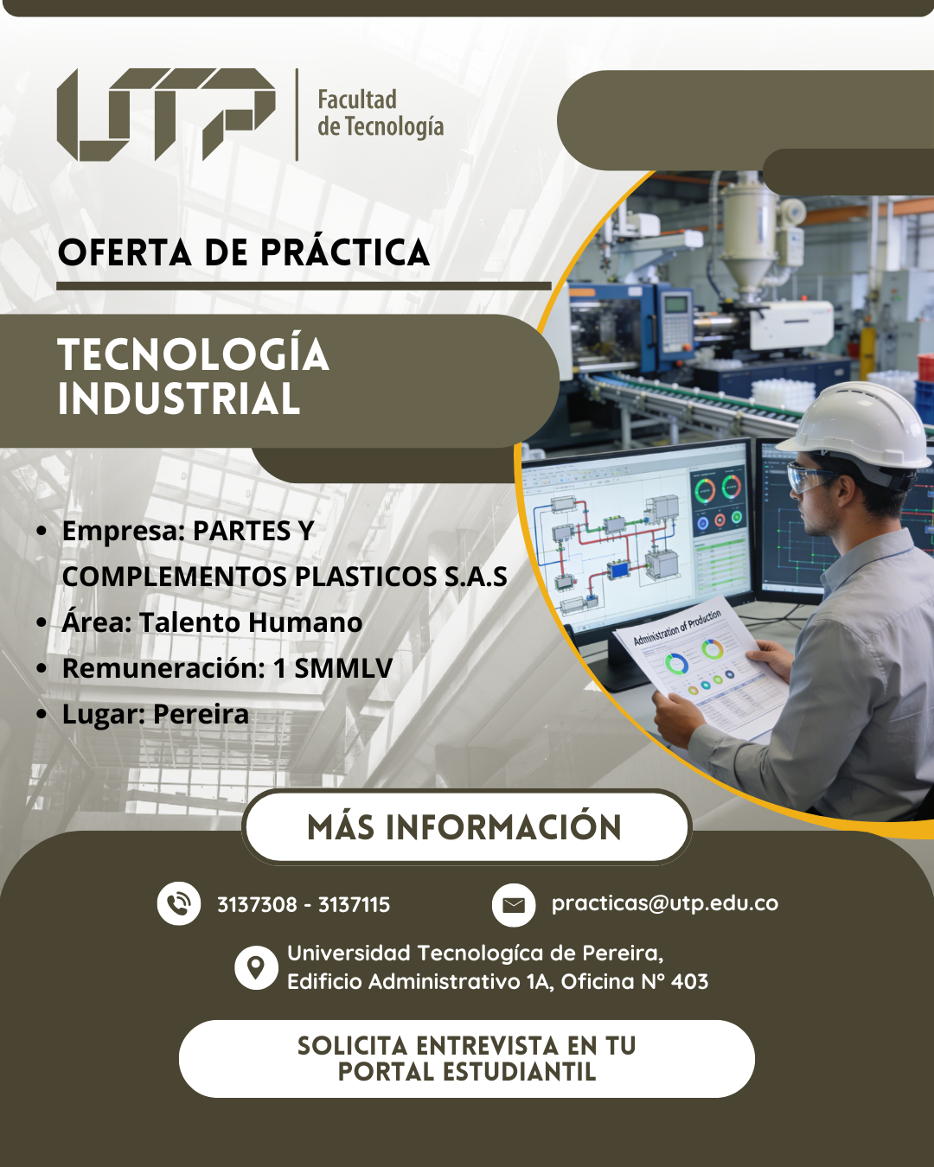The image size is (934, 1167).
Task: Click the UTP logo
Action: click(x=166, y=114)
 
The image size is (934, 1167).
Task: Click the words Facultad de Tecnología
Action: click(x=381, y=113)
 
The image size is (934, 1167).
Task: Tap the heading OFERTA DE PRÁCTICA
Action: click(x=244, y=252)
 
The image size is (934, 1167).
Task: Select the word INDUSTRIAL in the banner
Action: click(x=179, y=399)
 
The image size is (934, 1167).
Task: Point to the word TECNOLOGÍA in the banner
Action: click(x=194, y=354)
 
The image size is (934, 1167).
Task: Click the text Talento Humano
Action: click(x=251, y=622)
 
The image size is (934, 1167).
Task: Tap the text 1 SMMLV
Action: click(x=333, y=668)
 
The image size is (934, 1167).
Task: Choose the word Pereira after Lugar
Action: click(x=201, y=714)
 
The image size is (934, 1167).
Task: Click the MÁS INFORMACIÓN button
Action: click(x=466, y=827)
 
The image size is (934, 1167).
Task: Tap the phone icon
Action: click(x=178, y=903)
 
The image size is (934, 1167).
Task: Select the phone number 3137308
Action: click(x=257, y=904)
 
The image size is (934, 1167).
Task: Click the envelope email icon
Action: click(x=514, y=904)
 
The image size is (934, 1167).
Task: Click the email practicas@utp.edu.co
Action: click(x=665, y=903)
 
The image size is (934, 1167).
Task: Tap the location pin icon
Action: click(x=256, y=967)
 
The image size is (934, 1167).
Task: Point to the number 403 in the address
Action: click(x=690, y=981)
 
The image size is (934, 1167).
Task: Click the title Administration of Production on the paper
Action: click(x=678, y=627)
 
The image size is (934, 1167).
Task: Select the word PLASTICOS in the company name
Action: click(x=366, y=577)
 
